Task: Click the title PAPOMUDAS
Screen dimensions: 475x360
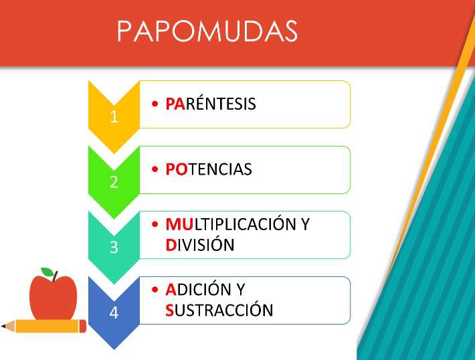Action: (207, 31)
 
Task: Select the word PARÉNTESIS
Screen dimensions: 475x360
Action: (211, 103)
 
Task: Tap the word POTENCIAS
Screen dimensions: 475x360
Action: (209, 169)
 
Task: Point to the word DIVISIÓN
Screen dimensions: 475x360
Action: (200, 244)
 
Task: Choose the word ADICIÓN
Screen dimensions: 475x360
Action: (199, 289)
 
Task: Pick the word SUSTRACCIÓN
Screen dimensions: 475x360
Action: (219, 310)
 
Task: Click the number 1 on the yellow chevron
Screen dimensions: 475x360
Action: (114, 116)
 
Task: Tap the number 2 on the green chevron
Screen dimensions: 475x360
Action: (114, 182)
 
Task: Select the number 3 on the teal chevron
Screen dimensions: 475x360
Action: (114, 248)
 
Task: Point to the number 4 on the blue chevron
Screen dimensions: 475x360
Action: (114, 312)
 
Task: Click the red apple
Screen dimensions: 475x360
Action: (54, 298)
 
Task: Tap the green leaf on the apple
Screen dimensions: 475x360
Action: (47, 272)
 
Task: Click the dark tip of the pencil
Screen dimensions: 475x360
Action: (3, 327)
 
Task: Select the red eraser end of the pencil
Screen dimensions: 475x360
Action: (83, 326)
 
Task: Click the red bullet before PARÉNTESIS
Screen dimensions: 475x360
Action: (155, 104)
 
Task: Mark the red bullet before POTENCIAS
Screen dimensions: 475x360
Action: (155, 169)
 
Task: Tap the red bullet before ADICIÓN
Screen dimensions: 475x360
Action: (155, 289)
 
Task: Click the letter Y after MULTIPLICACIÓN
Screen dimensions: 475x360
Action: (305, 224)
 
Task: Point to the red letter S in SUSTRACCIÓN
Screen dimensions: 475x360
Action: (169, 310)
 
